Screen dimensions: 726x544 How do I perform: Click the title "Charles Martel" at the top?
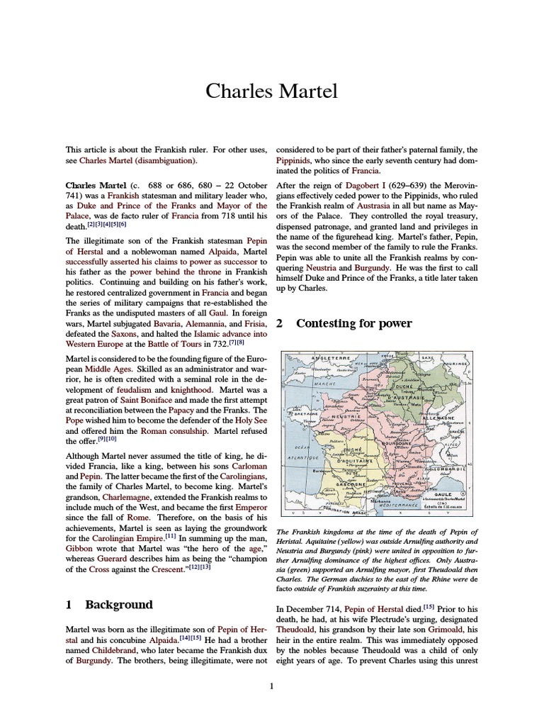[x=272, y=91]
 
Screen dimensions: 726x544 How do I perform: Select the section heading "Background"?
[x=118, y=605]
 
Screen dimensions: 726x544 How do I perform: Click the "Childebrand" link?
[x=113, y=649]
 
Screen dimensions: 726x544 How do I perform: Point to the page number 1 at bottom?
[x=271, y=686]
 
